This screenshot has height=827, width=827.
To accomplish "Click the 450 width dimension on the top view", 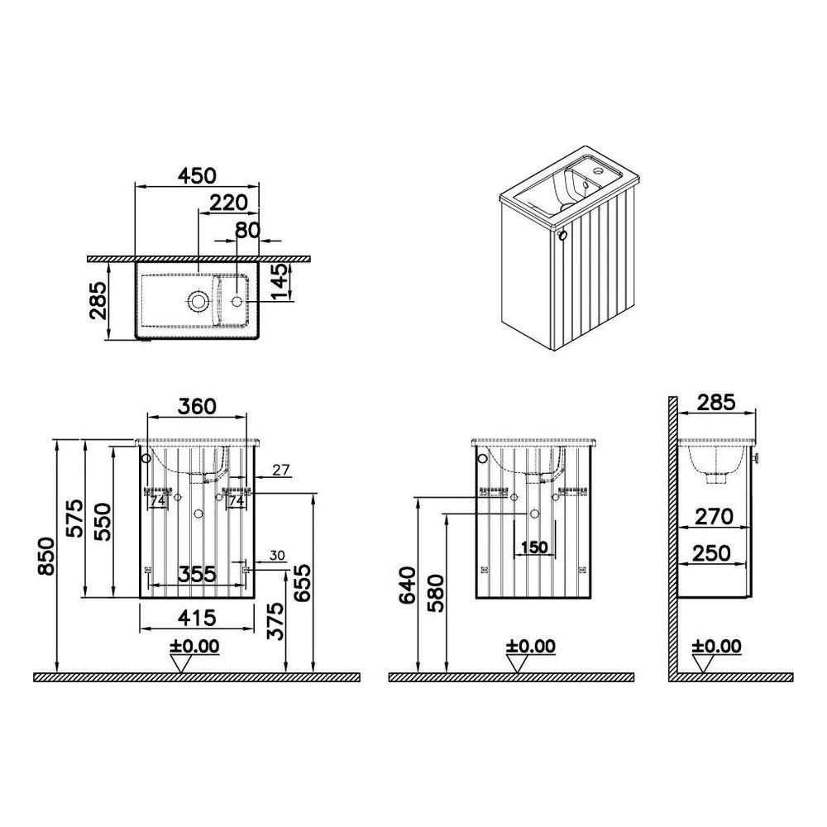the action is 197,175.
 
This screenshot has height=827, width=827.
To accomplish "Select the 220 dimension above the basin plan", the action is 228,202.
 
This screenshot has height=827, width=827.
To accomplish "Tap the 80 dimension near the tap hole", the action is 247,230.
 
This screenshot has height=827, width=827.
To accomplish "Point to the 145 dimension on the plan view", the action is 281,281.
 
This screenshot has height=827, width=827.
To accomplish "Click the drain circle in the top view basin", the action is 198,301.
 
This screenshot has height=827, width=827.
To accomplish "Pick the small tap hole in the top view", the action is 237,301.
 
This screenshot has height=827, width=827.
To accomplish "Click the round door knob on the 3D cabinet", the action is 562,235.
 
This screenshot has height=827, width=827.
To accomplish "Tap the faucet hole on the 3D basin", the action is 598,170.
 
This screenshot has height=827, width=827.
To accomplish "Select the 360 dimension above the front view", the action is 197,406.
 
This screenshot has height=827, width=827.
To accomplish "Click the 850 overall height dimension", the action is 45,557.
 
